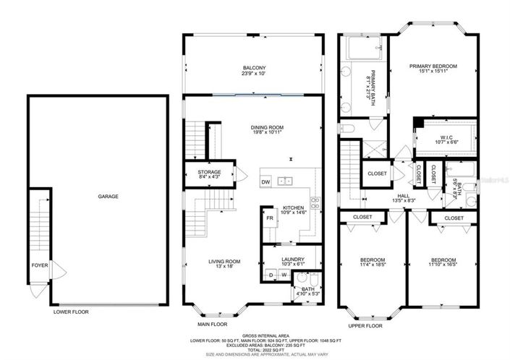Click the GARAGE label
(x=108, y=196)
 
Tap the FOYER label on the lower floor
(x=39, y=265)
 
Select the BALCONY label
(x=252, y=68)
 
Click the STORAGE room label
(x=210, y=172)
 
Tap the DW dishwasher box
(x=266, y=182)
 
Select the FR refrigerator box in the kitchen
(x=269, y=218)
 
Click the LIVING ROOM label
(x=221, y=262)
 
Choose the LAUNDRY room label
(x=293, y=260)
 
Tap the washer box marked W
(x=284, y=275)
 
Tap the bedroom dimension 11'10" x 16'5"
(x=443, y=266)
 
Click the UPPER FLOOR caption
(x=365, y=326)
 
